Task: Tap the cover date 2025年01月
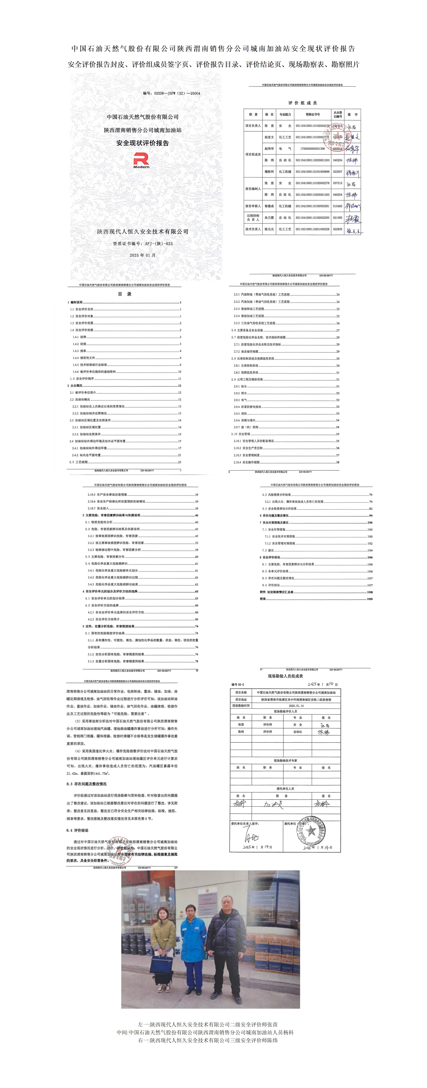tap(142, 255)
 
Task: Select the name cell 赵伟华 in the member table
tap(269, 149)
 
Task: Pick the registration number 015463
tap(337, 206)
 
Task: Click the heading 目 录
tap(125, 294)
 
